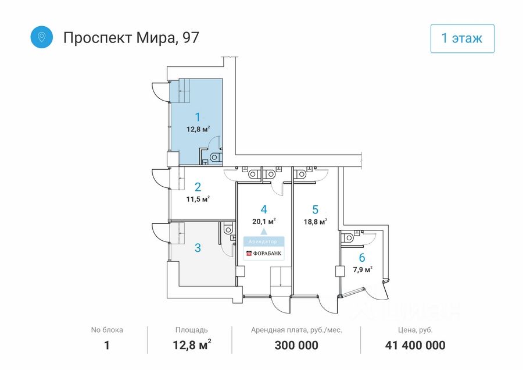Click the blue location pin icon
[42, 37]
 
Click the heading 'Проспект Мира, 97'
[131, 38]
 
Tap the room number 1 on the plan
[198, 117]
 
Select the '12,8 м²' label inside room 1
[198, 129]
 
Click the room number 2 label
[198, 187]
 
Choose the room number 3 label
[198, 248]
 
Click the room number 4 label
[264, 209]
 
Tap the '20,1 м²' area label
[264, 221]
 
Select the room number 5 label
[315, 209]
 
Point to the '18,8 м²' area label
[315, 221]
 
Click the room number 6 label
[362, 258]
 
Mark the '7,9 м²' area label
[362, 269]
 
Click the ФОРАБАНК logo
[264, 254]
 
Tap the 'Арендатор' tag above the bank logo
[264, 241]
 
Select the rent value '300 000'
[296, 346]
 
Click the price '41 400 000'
[415, 346]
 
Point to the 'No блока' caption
[107, 330]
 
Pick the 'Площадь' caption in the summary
[192, 330]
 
